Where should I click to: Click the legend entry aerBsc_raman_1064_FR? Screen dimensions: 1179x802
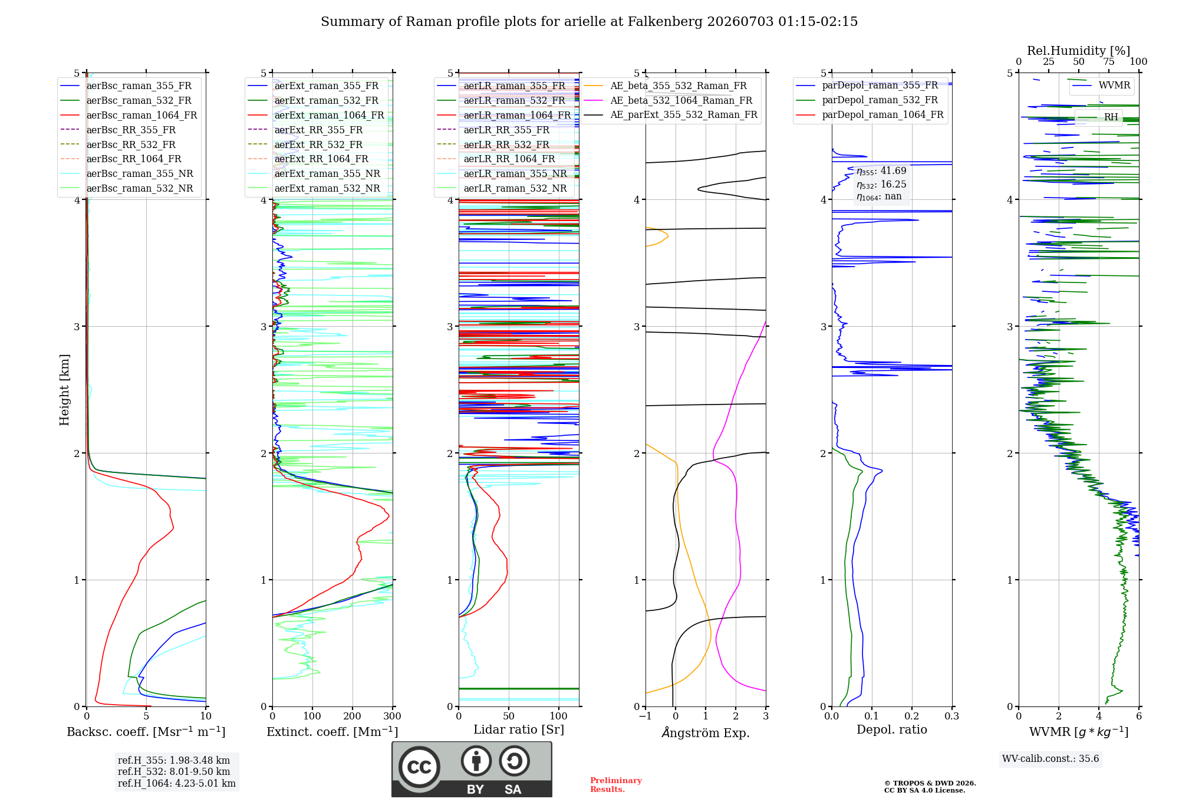[129, 116]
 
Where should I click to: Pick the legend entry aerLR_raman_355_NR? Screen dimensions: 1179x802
[502, 174]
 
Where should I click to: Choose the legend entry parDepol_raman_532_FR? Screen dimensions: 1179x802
[867, 100]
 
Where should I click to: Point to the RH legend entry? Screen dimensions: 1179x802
[1098, 117]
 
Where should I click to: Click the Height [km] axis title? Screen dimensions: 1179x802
[64, 390]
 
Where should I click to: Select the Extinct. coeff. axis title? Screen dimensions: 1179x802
[332, 732]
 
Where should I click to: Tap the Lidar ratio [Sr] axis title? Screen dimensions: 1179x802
[519, 730]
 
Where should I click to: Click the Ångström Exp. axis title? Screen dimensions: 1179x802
[706, 733]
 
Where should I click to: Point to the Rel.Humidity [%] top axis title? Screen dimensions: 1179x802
[1079, 51]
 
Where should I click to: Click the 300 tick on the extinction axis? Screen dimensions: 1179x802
[393, 716]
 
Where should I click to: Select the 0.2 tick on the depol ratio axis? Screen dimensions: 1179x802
[912, 716]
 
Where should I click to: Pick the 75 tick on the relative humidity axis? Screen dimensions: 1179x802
[1109, 62]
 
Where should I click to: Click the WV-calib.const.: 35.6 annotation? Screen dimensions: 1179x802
[1050, 759]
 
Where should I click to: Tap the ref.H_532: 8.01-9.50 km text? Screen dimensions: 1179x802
[174, 772]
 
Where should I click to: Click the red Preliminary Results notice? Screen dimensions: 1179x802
[616, 785]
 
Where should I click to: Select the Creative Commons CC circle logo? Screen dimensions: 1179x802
[420, 767]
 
